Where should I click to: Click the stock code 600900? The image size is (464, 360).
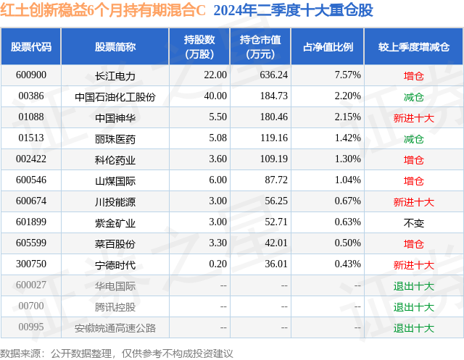[31, 75]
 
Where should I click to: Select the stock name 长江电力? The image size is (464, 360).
[115, 75]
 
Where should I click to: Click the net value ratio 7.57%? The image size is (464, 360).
[327, 75]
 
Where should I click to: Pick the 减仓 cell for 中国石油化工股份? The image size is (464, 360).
[414, 96]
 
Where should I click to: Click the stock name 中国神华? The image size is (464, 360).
[115, 117]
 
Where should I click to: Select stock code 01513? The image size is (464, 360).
[31, 138]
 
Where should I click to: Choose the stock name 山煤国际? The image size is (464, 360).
[115, 180]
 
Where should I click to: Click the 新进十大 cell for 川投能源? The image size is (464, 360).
[414, 201]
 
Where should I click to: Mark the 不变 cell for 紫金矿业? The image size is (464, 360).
[414, 222]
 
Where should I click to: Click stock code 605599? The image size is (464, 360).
[31, 243]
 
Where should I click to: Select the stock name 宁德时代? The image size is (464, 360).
[115, 264]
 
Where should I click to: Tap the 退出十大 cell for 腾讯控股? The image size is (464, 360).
[414, 306]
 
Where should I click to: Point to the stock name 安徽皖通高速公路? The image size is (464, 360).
[115, 327]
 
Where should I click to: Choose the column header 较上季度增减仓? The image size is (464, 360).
[414, 46]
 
